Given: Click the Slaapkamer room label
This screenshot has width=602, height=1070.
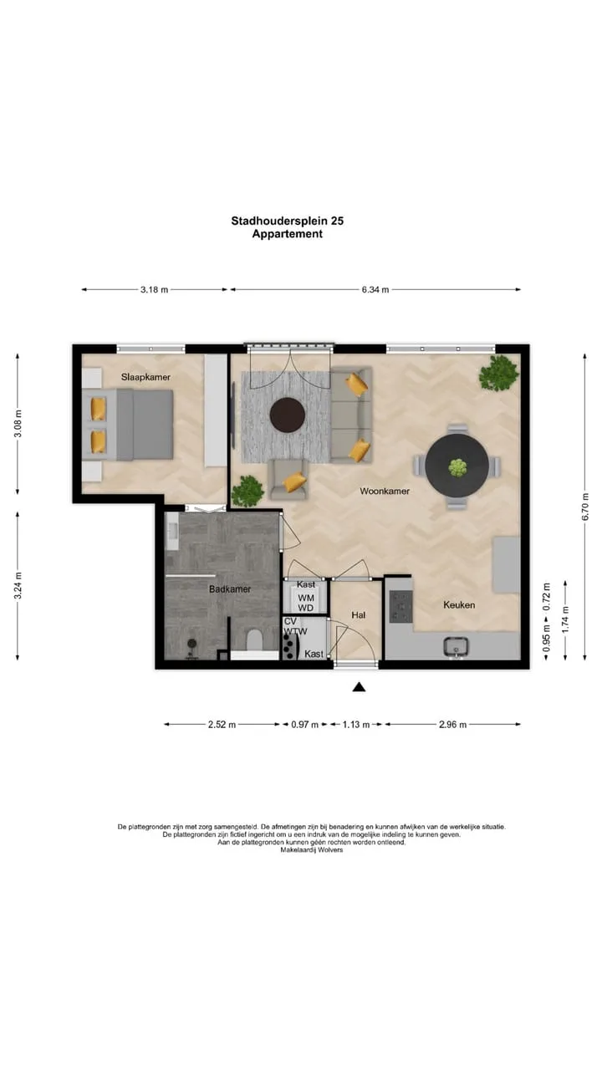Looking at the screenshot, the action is (x=145, y=377).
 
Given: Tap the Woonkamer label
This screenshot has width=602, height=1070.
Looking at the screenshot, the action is (x=385, y=491).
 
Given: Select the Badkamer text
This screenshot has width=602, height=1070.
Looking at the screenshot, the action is (x=230, y=589).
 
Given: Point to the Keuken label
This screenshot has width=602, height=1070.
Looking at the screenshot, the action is (x=459, y=604).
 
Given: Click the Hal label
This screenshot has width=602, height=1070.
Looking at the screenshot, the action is (x=359, y=614).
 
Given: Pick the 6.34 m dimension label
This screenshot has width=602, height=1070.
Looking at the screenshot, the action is (x=375, y=289).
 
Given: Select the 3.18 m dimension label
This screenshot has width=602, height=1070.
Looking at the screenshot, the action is (x=155, y=289).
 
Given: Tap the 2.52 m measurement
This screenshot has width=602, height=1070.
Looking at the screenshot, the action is (x=222, y=724).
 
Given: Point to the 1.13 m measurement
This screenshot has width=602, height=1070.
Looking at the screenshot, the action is (x=356, y=724).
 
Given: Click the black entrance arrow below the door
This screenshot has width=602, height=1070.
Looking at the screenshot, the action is (x=360, y=687).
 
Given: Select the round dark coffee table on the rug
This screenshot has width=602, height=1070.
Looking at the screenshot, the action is (x=288, y=415).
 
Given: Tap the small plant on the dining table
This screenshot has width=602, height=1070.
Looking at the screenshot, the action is (x=457, y=467).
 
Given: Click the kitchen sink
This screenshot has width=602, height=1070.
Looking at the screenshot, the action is (x=457, y=647).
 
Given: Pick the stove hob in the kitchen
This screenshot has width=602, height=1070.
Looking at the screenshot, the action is (x=400, y=607).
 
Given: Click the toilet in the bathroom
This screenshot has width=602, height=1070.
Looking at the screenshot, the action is (x=254, y=640).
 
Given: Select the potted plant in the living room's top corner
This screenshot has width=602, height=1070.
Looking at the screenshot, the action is (x=499, y=374).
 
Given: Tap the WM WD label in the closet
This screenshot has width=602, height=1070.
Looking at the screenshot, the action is (x=306, y=603).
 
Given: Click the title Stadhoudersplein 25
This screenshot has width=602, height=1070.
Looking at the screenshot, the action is (x=288, y=221).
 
